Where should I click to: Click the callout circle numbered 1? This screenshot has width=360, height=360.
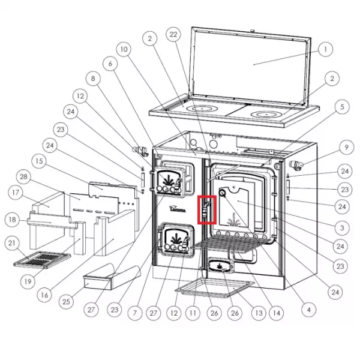pyautogui.click(x=325, y=49)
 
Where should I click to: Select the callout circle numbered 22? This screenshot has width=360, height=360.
pyautogui.click(x=173, y=34)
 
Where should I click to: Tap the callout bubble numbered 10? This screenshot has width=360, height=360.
pyautogui.click(x=124, y=49)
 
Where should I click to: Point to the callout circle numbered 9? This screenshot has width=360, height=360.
pyautogui.click(x=347, y=147)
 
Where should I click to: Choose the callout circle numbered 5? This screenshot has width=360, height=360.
pyautogui.click(x=342, y=107)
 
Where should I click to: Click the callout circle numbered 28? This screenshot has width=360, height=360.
pyautogui.click(x=23, y=176)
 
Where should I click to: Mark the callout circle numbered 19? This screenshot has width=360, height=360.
pyautogui.click(x=28, y=281)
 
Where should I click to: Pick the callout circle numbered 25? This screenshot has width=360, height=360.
pyautogui.click(x=66, y=301)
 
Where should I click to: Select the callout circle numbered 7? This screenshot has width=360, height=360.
pyautogui.click(x=135, y=313)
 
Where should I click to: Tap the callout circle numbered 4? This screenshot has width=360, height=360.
pyautogui.click(x=309, y=310)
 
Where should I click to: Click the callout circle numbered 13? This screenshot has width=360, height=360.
pyautogui.click(x=259, y=313)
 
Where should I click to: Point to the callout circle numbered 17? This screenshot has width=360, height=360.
pyautogui.click(x=16, y=193)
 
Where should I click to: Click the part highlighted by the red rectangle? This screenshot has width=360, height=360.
pyautogui.click(x=206, y=209)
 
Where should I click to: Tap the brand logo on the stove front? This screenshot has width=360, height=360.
pyautogui.click(x=178, y=209)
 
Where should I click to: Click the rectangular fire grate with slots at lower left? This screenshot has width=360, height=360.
pyautogui.click(x=43, y=259)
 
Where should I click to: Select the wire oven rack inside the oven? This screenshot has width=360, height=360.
pyautogui.click(x=232, y=244)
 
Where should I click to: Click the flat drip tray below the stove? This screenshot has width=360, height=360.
pyautogui.click(x=215, y=287)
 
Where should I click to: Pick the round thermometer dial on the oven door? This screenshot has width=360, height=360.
pyautogui.click(x=223, y=193)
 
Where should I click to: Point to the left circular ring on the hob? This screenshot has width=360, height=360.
pyautogui.click(x=202, y=109)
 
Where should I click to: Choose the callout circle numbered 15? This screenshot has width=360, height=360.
pyautogui.click(x=39, y=161)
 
